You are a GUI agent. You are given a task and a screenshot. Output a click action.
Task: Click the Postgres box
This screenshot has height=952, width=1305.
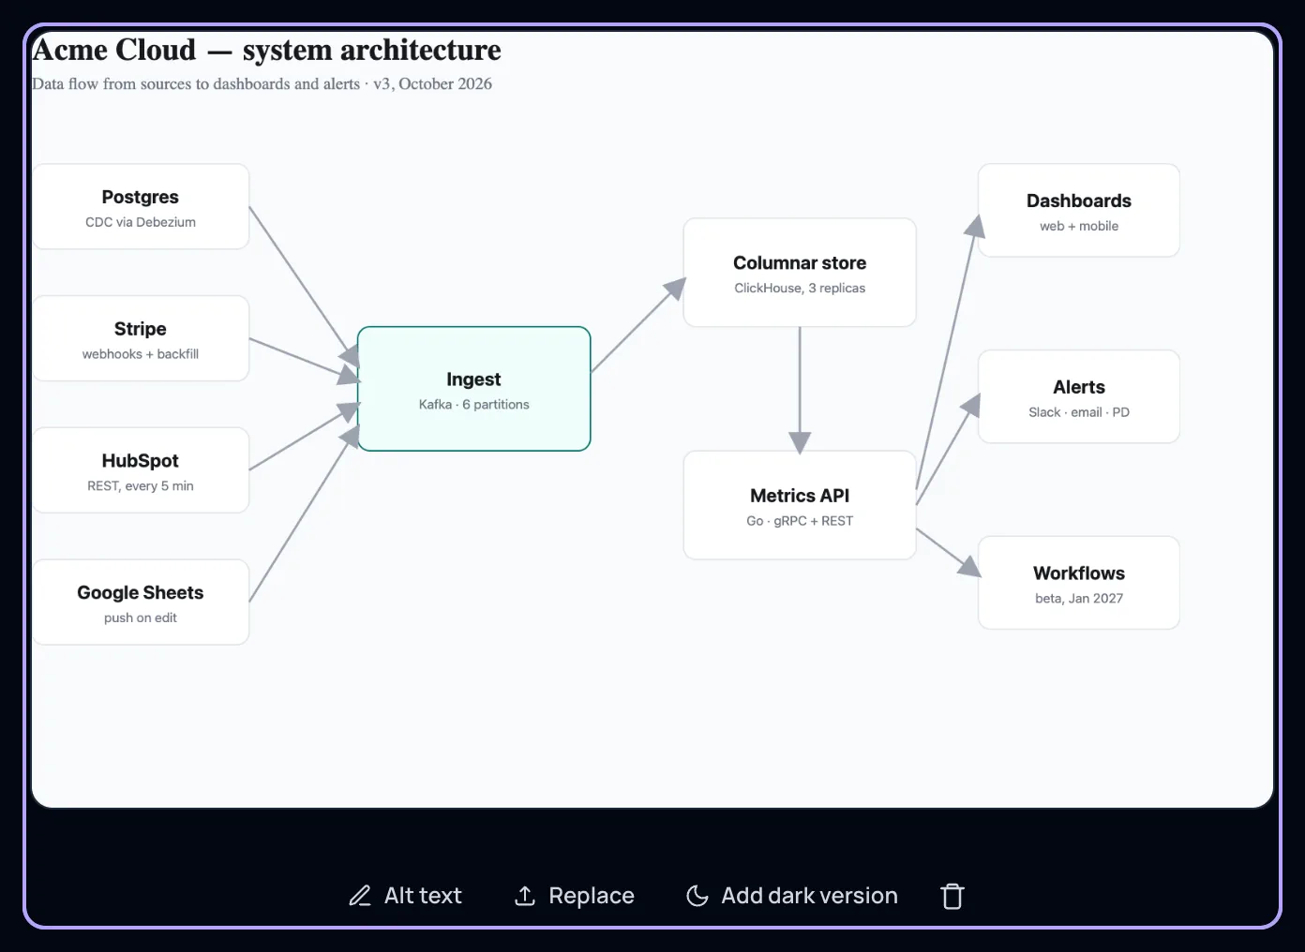141,207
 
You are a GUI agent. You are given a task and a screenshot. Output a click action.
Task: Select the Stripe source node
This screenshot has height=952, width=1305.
141,338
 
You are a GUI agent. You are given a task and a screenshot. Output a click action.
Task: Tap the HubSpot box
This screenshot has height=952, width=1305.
141,469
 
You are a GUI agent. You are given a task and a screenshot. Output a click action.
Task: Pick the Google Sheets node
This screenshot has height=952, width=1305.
141,602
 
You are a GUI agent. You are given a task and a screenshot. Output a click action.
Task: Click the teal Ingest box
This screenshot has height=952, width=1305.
473,389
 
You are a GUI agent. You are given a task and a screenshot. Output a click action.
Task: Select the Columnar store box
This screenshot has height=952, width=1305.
800,273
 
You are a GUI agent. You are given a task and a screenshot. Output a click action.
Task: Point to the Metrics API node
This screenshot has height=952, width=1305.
800,505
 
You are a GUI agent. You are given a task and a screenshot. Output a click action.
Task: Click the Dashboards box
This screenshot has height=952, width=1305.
1079,210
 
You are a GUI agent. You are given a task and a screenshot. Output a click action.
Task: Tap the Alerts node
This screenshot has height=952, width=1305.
1079,396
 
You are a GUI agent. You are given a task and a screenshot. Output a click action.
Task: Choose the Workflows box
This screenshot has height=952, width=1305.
1079,583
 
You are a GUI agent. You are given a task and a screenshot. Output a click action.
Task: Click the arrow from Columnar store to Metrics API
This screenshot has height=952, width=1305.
800,390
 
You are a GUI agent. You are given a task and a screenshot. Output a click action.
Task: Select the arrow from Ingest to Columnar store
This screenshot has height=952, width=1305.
638,324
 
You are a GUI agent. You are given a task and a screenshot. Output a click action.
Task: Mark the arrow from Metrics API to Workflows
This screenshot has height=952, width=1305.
949,553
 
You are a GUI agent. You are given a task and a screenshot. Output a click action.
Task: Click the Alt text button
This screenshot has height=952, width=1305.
406,896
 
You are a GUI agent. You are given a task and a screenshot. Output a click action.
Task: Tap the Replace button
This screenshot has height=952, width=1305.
575,896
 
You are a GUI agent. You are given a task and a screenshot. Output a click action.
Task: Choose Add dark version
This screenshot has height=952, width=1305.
792,896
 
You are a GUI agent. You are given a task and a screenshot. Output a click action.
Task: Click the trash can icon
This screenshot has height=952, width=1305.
952,896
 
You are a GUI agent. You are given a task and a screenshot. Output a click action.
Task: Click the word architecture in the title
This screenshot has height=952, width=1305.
421,50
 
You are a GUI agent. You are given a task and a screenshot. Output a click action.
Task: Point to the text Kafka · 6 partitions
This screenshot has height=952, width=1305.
473,405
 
